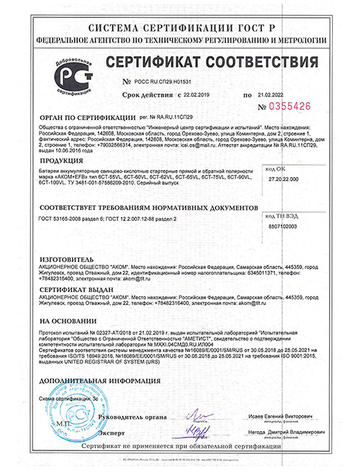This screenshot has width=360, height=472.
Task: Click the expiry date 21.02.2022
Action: [x=273, y=94]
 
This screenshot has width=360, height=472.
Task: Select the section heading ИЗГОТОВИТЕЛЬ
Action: [x=66, y=257]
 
